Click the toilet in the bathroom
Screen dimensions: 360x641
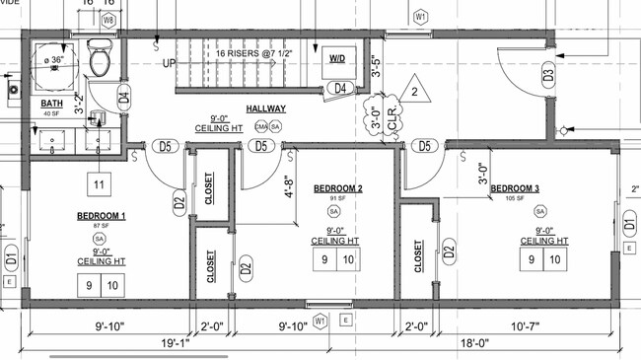pos(100,60)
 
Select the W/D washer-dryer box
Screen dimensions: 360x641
pos(337,59)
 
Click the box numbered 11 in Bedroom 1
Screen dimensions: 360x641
pos(99,184)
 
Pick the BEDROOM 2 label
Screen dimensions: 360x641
pos(338,188)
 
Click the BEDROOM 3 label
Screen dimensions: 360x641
pos(515,188)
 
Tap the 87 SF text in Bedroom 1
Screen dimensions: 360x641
pos(99,226)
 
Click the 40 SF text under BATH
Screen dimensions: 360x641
pos(51,114)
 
